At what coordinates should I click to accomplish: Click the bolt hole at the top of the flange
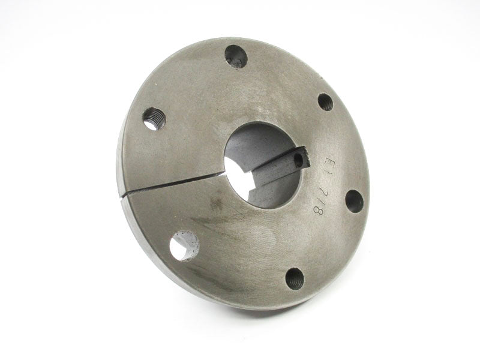point(236,56)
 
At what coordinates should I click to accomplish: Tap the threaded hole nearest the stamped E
point(325,102)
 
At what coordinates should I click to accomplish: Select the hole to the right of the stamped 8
point(354,201)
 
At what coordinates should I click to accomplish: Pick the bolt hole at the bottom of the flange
point(295,278)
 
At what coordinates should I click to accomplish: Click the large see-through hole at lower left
point(184,246)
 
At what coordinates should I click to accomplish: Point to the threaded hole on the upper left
point(154,119)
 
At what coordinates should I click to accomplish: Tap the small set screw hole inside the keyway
point(298,160)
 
